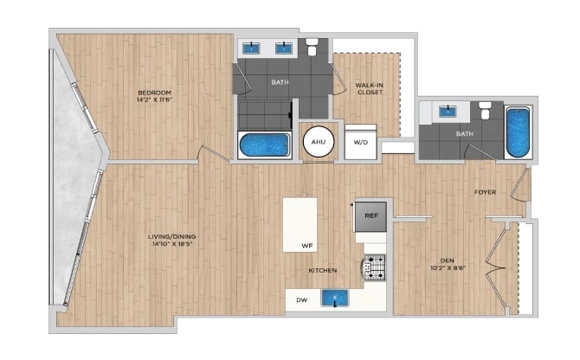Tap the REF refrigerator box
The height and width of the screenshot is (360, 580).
(x=371, y=216)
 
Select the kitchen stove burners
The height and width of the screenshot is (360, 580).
(x=375, y=267)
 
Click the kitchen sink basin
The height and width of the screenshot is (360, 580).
(x=335, y=298)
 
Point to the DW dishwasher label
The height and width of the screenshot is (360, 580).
(x=302, y=299)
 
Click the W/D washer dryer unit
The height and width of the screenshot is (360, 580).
(x=361, y=142)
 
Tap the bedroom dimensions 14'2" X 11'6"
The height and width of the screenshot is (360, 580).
(x=155, y=100)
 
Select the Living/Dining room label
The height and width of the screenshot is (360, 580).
(x=171, y=236)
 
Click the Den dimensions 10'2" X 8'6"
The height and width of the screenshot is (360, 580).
(x=448, y=268)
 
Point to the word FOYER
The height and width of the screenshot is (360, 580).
(x=485, y=192)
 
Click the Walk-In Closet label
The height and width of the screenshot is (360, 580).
(x=369, y=89)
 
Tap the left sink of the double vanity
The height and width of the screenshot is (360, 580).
(x=251, y=48)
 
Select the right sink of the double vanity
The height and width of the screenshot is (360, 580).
(x=284, y=48)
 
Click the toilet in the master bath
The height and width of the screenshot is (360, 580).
(x=313, y=47)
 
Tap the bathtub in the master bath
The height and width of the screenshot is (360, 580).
(x=264, y=145)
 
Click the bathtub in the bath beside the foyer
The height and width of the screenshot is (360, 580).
(x=518, y=132)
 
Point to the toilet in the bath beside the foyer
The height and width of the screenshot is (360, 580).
(x=484, y=110)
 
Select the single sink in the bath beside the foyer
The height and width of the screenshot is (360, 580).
(x=448, y=112)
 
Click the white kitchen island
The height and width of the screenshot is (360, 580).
(x=300, y=225)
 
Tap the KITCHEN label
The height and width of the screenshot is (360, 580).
(x=323, y=271)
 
